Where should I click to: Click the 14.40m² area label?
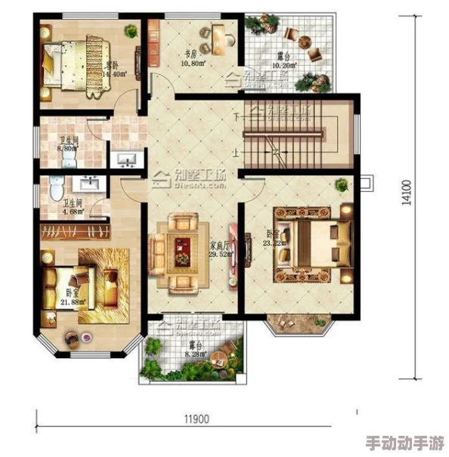pos(113,75)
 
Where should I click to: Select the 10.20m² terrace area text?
pos(285,65)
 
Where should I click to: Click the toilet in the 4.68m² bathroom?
pos(54,189)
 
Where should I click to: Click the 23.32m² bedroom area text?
pos(274,243)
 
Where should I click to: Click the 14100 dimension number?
pos(407,193)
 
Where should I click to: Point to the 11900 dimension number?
pos(197,418)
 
